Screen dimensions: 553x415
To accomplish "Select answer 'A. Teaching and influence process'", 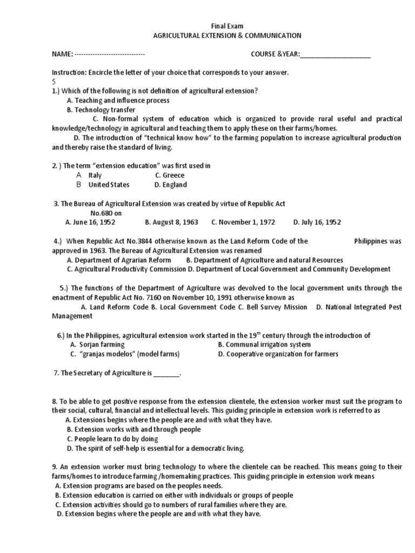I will tap(118, 100).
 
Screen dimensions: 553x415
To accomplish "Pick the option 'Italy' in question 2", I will tap(95, 176).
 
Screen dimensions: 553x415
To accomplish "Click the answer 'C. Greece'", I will tap(170, 176).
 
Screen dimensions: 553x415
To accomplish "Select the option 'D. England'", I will tap(170, 185).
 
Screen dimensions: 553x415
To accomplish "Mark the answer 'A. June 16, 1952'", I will tap(90, 222).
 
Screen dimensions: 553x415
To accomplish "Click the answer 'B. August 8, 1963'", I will tap(172, 222).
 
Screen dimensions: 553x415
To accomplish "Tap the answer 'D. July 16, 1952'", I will tap(317, 222).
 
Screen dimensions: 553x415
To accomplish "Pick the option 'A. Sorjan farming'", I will tap(97, 345).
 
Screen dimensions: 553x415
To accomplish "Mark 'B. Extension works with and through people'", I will tap(133, 429).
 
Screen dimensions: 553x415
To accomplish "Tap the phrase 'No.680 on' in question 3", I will tap(106, 213).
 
